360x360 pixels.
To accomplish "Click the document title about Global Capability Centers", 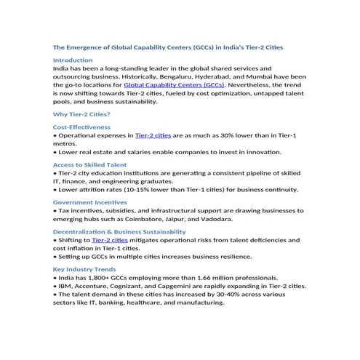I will tap(168, 47).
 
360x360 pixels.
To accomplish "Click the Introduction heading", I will tap(73, 60).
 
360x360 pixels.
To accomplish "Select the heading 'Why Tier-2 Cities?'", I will tap(81, 114).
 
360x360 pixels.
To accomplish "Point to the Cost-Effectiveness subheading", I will tap(80, 127).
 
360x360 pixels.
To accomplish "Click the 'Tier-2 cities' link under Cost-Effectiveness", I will tap(153, 135).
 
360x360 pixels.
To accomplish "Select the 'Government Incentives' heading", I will tap(90, 202).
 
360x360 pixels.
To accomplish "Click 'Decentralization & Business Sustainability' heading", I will tap(119, 231).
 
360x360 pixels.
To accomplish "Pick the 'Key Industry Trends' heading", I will tap(84, 269).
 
